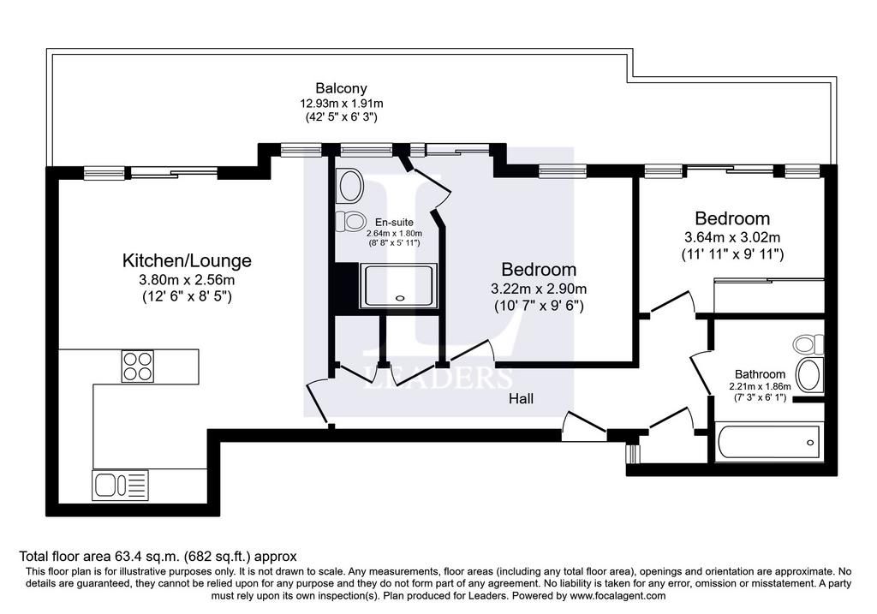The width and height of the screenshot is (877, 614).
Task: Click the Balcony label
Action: tap(341, 88)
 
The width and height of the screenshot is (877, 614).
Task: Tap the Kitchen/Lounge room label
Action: tap(187, 260)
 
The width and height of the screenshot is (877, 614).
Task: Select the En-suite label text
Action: tap(394, 222)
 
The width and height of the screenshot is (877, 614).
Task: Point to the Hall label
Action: tap(521, 399)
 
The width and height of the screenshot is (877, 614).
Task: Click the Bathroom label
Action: tap(760, 374)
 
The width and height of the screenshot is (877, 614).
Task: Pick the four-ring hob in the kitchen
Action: tap(138, 366)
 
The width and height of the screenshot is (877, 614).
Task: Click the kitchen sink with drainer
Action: tap(120, 485)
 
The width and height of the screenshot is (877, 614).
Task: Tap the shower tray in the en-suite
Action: tap(399, 285)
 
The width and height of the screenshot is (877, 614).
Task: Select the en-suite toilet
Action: tap(350, 222)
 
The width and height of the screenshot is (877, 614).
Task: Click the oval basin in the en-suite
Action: tap(350, 186)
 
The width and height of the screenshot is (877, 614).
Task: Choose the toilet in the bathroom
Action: tap(808, 344)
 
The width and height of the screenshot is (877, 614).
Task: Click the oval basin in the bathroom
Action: tap(808, 375)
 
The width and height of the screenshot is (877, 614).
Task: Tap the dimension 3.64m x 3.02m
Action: tap(732, 237)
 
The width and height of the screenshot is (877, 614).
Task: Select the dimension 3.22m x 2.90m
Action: tap(539, 289)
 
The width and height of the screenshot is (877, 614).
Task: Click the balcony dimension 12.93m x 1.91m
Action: tap(341, 104)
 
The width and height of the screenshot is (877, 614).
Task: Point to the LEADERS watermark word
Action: tap(438, 378)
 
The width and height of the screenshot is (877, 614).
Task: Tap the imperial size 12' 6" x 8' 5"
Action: tap(187, 295)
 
